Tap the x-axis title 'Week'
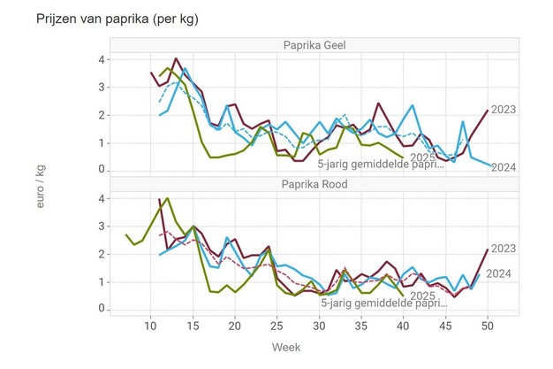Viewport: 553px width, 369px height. (x=286, y=347)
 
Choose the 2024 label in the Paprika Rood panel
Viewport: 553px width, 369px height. (x=499, y=273)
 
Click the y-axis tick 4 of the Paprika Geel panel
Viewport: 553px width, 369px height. (x=102, y=60)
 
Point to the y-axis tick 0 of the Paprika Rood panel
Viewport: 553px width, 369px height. (x=102, y=308)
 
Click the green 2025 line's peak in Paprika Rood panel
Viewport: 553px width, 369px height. (x=167, y=198)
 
